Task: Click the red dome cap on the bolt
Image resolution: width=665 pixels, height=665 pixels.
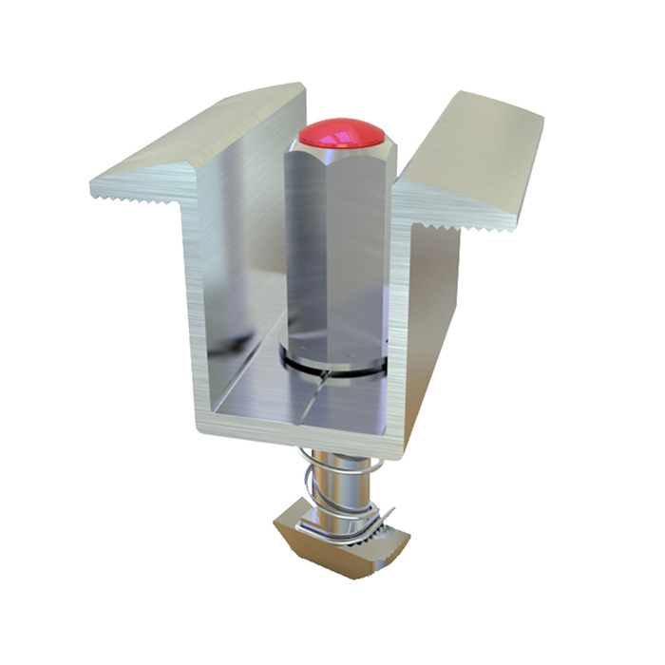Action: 342,133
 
